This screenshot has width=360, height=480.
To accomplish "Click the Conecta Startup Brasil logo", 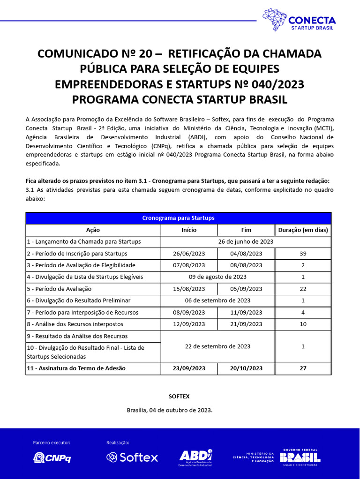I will pos(299,20).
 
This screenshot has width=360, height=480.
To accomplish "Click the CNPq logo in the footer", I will pos(52,457).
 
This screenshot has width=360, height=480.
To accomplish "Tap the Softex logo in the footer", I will pos(132,457).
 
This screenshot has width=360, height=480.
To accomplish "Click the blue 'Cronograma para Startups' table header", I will pos(178,218).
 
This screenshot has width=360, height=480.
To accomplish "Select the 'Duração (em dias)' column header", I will pos(303,230).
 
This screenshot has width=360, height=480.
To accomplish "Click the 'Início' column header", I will pos(189,230).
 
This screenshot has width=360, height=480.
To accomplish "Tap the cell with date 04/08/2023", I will pos(246,254).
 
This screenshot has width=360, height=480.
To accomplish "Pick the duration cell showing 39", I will pos(303,254).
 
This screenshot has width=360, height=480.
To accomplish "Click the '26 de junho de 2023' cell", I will pos(246,242).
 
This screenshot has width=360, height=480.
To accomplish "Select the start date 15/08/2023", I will pos(189,289).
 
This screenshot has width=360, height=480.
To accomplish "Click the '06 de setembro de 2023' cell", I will pos(217,300).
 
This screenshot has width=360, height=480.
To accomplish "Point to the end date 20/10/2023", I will pos(246,368).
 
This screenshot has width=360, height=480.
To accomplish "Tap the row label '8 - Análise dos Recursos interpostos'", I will pos(75,324).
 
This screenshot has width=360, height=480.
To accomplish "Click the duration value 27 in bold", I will pos(303,368).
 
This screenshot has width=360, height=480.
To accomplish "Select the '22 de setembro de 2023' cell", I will pos(217,346).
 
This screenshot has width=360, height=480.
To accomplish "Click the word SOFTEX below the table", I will pos(179,396).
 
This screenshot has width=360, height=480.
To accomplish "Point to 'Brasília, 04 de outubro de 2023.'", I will pos(170,410).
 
